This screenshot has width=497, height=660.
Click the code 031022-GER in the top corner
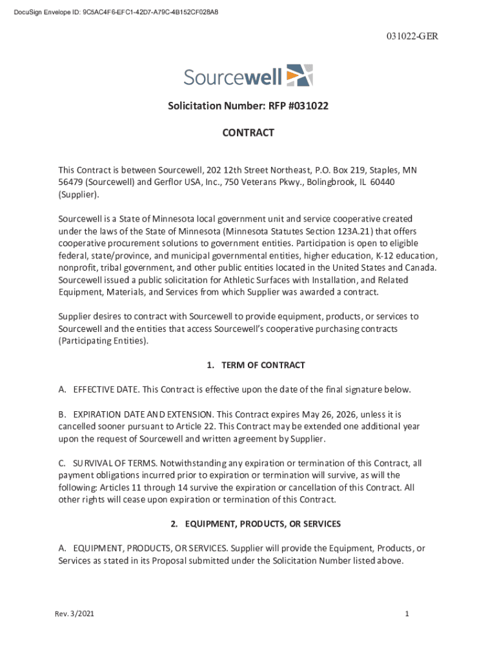(x=414, y=36)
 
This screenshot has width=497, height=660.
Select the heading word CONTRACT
(x=249, y=133)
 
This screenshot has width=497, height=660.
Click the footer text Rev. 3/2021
(x=74, y=614)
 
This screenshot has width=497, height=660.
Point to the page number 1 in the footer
(x=407, y=614)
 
